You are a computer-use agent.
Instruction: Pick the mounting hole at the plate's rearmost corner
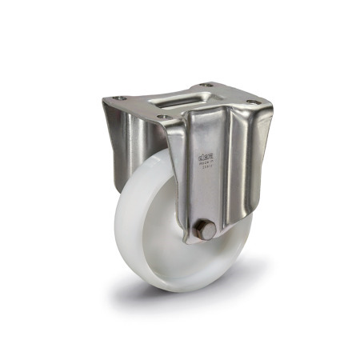[206, 85]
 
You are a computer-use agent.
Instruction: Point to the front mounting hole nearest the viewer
[164, 118]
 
